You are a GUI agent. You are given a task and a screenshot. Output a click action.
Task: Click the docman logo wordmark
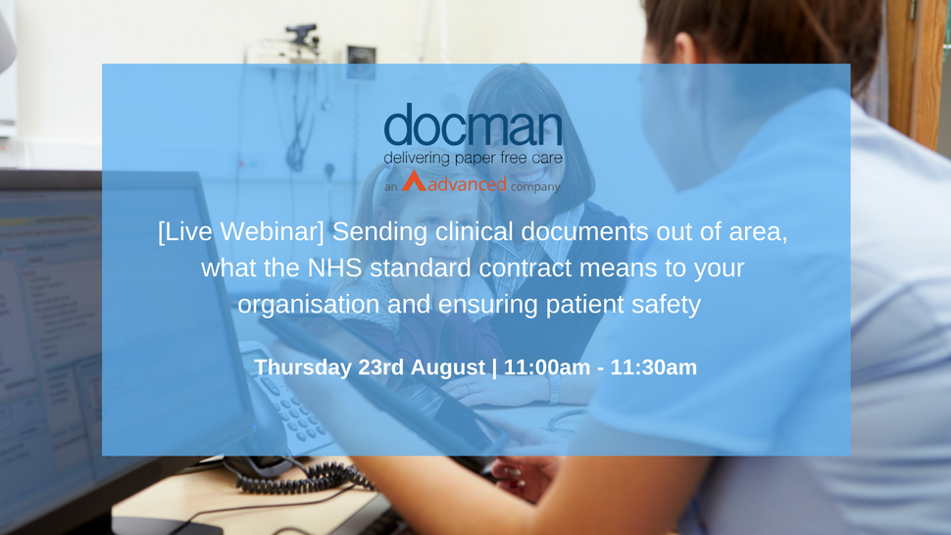(x=474, y=124)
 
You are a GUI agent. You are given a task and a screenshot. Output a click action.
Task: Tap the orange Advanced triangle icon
(x=414, y=181)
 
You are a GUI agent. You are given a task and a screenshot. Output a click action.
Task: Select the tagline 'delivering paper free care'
(x=474, y=158)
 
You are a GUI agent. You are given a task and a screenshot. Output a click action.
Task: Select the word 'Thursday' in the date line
(x=302, y=367)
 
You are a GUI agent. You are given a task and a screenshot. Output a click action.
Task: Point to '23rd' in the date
(x=380, y=367)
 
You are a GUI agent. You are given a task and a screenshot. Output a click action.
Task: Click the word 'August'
(x=448, y=367)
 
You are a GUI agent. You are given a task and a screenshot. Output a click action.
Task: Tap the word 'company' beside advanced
(x=535, y=186)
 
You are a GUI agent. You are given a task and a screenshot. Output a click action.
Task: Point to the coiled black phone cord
(x=303, y=475)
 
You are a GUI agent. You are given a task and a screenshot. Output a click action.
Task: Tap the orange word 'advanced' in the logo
(x=467, y=183)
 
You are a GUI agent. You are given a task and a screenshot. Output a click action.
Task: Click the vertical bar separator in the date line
(x=494, y=367)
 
